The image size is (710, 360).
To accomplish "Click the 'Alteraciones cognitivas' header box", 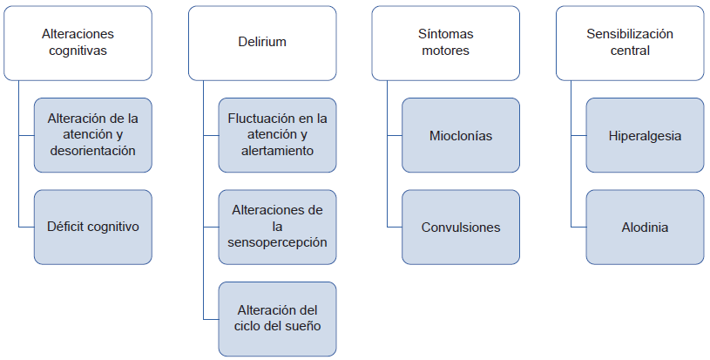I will pyautogui.click(x=78, y=43).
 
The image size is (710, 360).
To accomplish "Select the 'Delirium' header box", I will pyautogui.click(x=262, y=43).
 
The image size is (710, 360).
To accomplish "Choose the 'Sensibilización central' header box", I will pyautogui.click(x=630, y=43).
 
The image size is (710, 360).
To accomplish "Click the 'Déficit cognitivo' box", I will pyautogui.click(x=93, y=227).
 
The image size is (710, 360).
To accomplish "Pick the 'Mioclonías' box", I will pyautogui.click(x=461, y=135).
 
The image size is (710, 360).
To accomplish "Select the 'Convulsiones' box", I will pyautogui.click(x=461, y=227).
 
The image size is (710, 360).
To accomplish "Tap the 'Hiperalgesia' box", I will pyautogui.click(x=645, y=135).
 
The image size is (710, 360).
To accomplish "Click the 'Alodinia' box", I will pyautogui.click(x=645, y=227).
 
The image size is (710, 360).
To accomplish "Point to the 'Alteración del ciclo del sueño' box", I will pyautogui.click(x=277, y=318).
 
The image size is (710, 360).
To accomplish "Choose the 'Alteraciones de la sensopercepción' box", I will pyautogui.click(x=277, y=227).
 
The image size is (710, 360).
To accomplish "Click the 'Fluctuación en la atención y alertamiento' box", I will pyautogui.click(x=277, y=135).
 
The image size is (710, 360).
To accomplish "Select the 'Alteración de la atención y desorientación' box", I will pyautogui.click(x=93, y=135).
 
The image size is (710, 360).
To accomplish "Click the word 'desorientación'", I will pyautogui.click(x=93, y=151).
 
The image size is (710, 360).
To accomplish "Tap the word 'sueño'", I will pyautogui.click(x=302, y=326).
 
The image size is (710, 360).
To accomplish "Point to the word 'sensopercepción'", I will pyautogui.click(x=278, y=242).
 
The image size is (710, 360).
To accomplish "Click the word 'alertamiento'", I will pyautogui.click(x=278, y=151).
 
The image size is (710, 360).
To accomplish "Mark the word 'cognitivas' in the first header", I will pyautogui.click(x=78, y=51).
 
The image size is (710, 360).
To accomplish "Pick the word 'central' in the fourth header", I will pyautogui.click(x=630, y=51).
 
